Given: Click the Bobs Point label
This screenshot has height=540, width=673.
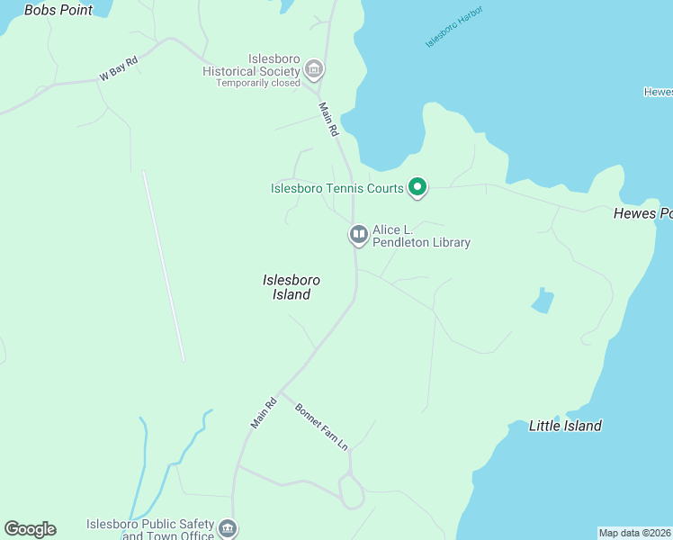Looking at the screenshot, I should point(58,10).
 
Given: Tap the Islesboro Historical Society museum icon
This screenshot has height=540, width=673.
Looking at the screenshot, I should point(314,68).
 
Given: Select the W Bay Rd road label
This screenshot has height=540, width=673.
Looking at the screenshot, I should point(119,69).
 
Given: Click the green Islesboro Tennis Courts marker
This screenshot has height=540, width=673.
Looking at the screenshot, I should point(417,187).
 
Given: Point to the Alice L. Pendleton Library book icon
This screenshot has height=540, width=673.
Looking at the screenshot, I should point(358,236).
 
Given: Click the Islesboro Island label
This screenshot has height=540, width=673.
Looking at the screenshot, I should point(291,287).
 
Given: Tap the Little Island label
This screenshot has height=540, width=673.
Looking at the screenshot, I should point(564,426).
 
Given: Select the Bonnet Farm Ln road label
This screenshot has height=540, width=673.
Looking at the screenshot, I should point(320,427).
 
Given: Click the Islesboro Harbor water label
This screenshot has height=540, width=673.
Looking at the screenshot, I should point(454,26).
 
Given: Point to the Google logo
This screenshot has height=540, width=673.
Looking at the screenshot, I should point(30,529).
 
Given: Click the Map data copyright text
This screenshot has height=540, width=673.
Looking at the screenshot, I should point(634,532).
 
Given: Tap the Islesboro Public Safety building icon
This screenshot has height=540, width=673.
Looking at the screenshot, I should point(227,528).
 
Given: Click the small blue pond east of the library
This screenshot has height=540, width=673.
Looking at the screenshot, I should point(542,301).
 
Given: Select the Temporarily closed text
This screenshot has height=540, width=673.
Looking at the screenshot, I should point(257,84).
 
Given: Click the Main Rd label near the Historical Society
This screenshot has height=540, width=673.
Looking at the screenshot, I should point(328,118).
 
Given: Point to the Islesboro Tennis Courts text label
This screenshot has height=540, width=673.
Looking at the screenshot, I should point(336,188).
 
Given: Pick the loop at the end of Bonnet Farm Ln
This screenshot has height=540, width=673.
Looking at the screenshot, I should point(351,491).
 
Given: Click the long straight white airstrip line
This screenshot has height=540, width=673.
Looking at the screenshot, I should point(163,265).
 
